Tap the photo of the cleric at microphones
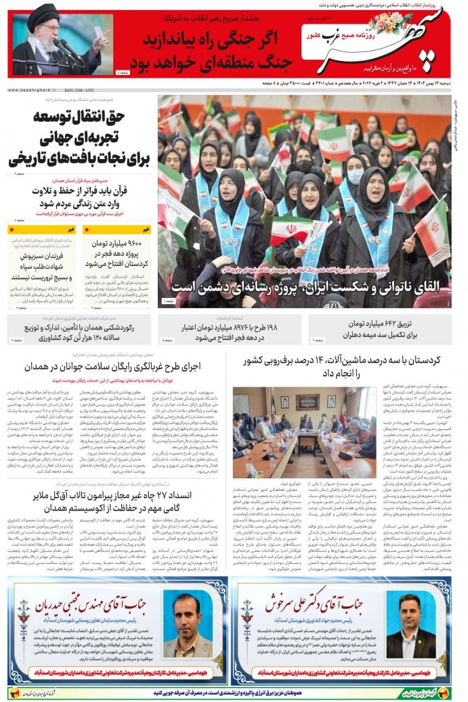pos(62,44)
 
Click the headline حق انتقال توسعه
pos(80,138)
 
